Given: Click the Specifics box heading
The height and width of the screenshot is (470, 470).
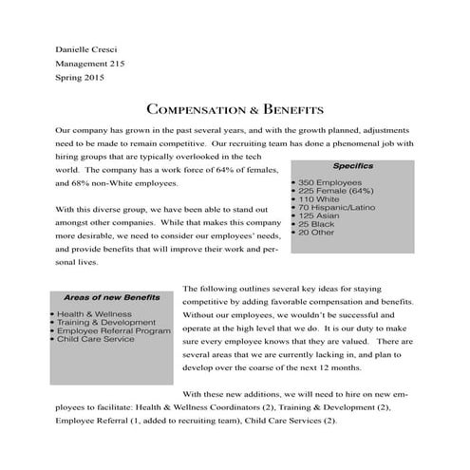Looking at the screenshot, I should [x=352, y=165].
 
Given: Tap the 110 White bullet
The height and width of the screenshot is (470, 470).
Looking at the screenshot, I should [x=322, y=198].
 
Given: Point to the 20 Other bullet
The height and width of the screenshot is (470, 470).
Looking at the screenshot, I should [x=320, y=233].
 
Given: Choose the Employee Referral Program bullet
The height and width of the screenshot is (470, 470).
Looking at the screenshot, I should [x=114, y=329].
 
